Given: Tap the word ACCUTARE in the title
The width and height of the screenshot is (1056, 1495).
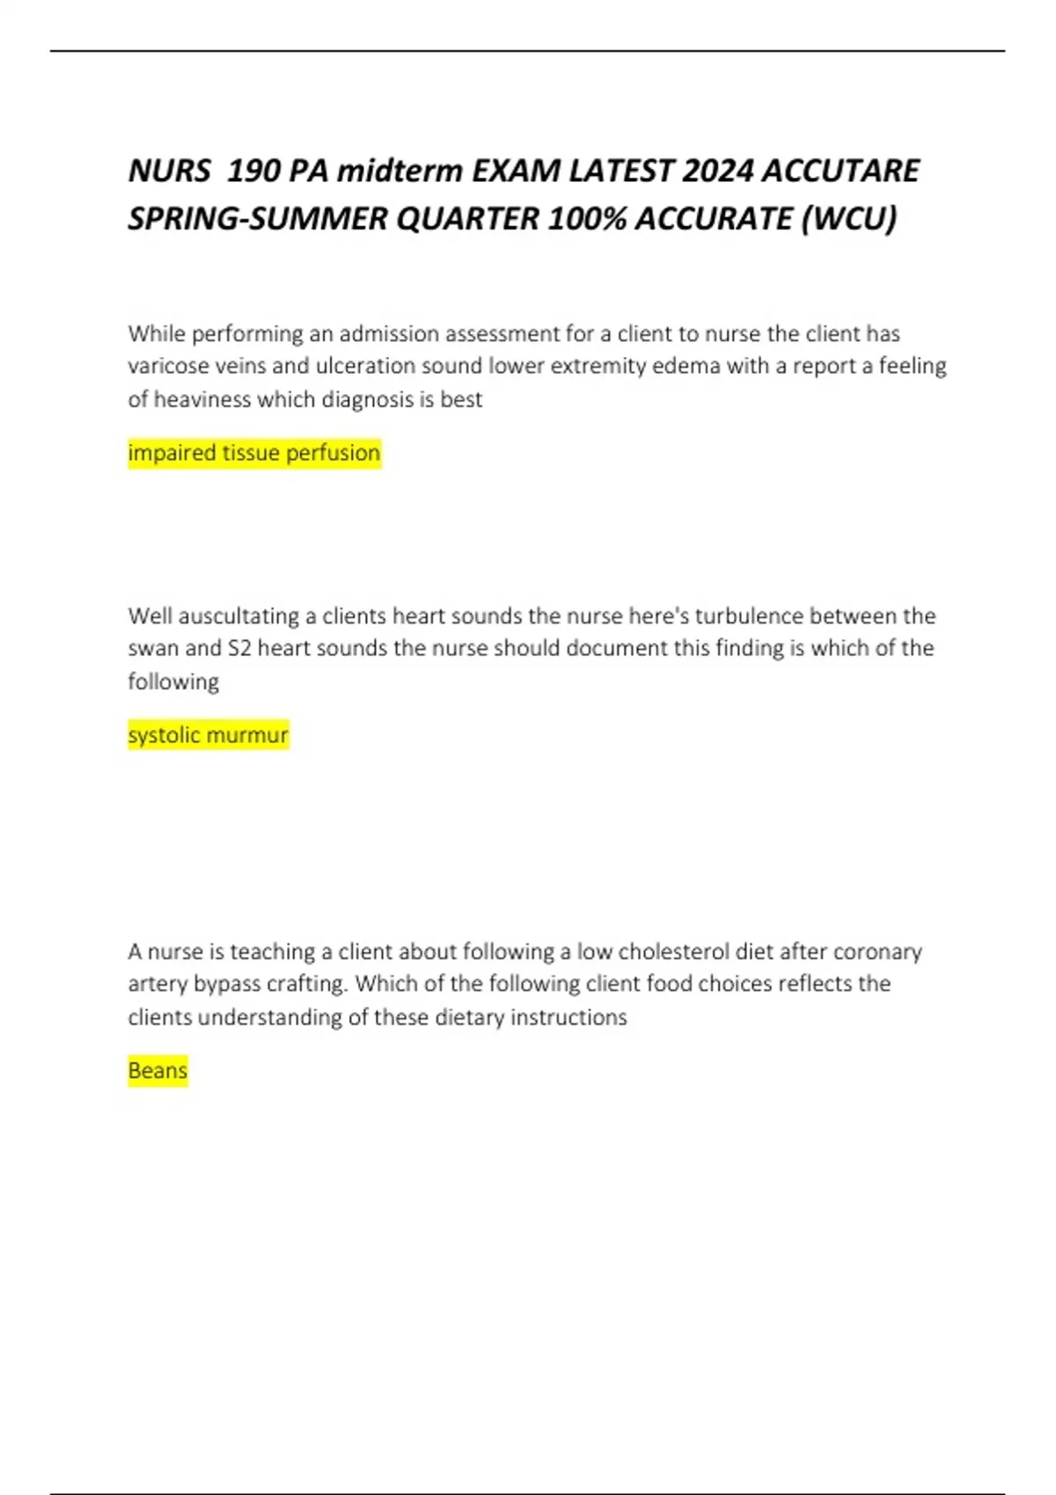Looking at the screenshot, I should click(x=840, y=171).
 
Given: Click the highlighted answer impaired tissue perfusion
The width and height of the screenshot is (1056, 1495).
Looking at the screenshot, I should click(x=254, y=453).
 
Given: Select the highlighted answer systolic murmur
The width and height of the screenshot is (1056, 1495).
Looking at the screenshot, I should click(x=208, y=735).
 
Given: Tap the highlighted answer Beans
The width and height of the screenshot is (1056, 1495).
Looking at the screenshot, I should click(x=158, y=1071).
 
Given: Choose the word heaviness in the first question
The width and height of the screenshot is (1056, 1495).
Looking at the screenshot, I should click(x=202, y=399).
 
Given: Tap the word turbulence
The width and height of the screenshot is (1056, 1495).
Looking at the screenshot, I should click(x=749, y=616).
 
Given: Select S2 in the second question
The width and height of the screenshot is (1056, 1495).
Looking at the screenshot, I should click(x=239, y=648).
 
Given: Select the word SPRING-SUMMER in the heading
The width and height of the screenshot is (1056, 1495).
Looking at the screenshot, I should click(x=258, y=218).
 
